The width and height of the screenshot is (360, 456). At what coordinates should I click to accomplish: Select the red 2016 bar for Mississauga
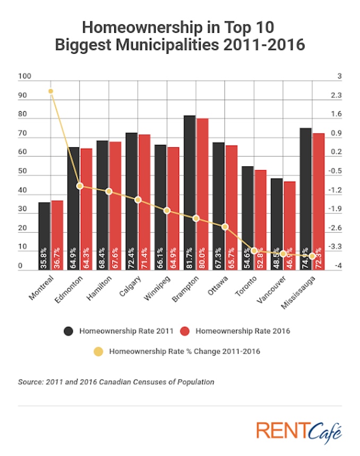click(x=319, y=202)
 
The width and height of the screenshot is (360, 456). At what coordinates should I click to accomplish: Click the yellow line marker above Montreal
click(x=51, y=91)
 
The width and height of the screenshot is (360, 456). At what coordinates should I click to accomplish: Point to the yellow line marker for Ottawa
click(x=225, y=227)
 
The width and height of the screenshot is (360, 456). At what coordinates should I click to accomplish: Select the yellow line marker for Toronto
click(x=254, y=250)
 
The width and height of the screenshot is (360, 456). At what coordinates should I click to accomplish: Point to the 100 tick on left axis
click(x=24, y=77)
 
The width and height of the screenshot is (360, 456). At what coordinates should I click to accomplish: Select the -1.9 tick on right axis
click(x=335, y=209)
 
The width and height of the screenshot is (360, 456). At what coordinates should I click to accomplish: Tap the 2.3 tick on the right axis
click(x=336, y=96)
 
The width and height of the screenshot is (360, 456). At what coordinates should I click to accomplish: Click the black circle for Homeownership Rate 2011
click(x=68, y=331)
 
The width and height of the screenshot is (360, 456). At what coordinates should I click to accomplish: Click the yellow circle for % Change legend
click(x=98, y=351)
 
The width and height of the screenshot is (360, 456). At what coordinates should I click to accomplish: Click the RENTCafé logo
click(x=298, y=432)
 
